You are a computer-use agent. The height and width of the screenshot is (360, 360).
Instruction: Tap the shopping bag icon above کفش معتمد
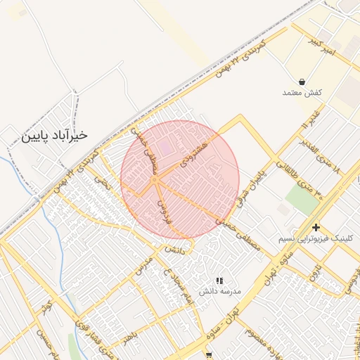click(x=302, y=82)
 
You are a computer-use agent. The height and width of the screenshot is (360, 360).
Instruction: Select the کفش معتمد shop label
click(x=302, y=93)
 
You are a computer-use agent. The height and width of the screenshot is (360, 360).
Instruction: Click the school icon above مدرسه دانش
click(x=219, y=281)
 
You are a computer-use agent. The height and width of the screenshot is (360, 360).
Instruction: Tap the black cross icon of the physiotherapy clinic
click(x=316, y=227)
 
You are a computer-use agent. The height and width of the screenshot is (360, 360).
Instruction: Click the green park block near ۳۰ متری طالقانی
click(x=302, y=200)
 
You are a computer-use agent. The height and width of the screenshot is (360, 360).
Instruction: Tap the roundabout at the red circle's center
click(x=155, y=181)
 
